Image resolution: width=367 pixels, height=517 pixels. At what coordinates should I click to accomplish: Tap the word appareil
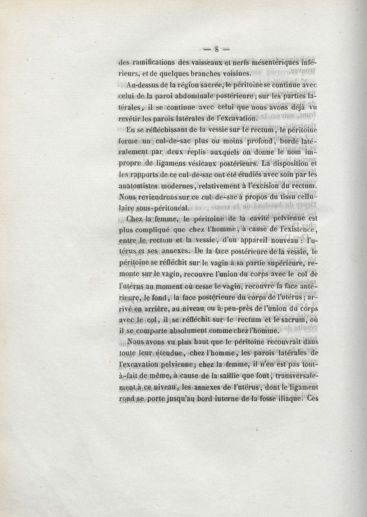coord(252,240)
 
